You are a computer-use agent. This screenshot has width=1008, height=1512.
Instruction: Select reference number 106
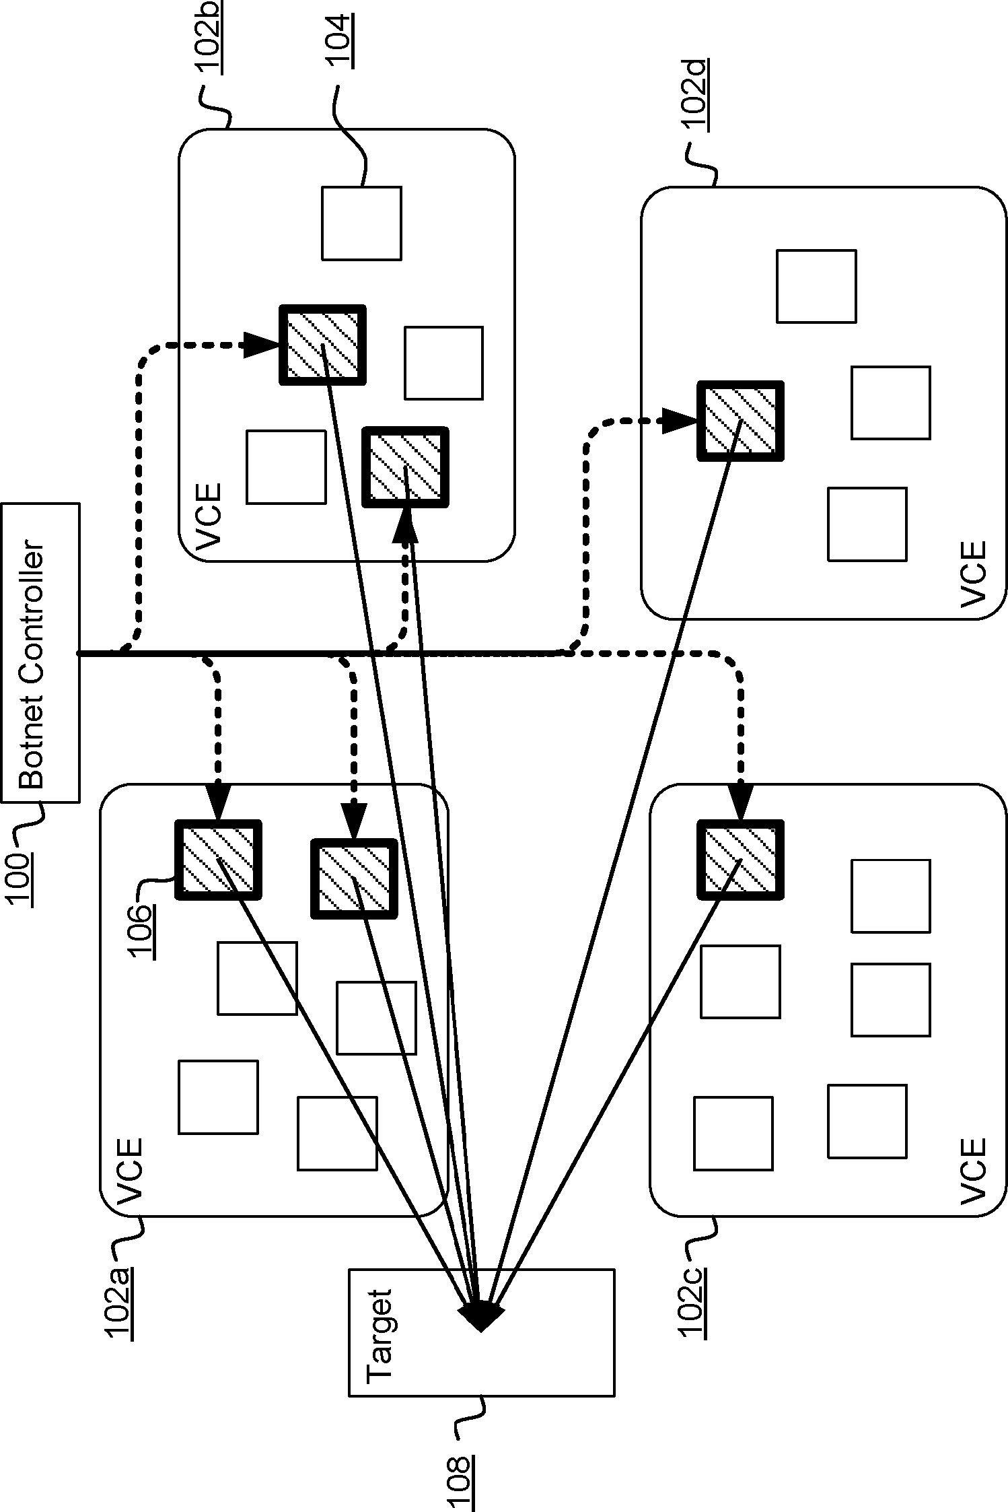(x=143, y=931)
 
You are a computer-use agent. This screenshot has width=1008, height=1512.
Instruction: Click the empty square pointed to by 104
(x=361, y=223)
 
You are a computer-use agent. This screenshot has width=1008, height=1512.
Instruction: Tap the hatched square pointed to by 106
(x=218, y=860)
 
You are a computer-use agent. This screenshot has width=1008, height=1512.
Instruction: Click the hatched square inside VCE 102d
(x=740, y=421)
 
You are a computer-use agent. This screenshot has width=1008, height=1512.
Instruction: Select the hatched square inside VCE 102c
(x=740, y=860)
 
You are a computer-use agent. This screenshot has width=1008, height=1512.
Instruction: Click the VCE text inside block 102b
(x=208, y=515)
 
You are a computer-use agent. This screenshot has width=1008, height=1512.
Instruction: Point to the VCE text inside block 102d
(x=972, y=574)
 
